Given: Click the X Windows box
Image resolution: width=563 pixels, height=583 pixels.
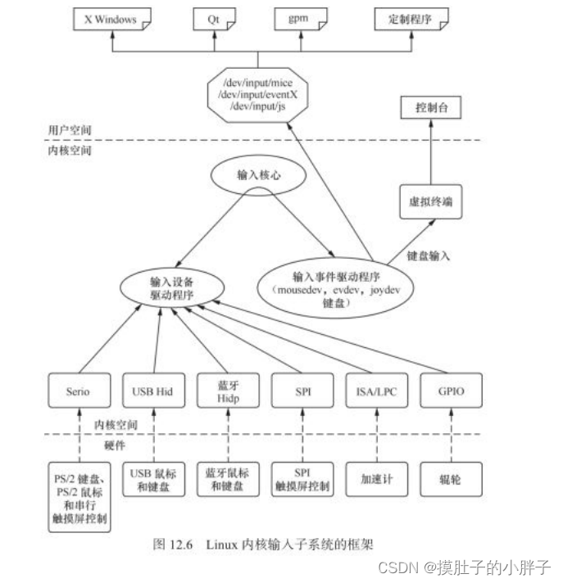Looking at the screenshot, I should coord(110,20).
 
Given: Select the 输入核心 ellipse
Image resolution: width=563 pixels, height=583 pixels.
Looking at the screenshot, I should coord(259,176).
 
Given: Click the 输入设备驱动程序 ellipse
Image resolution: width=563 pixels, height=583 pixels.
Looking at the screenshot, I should coord(172,287).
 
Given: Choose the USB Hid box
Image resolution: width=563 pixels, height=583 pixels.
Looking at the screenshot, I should coord(152,391).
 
